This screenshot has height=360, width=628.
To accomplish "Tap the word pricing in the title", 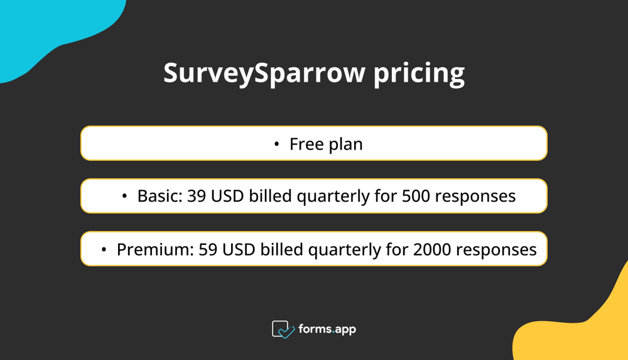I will [x=419, y=74].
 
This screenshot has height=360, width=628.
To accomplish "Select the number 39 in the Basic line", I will [x=197, y=196].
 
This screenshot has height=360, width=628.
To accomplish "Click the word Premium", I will [x=153, y=249].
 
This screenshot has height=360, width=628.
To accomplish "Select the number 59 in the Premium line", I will [x=208, y=249].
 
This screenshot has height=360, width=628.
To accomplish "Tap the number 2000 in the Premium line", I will [x=432, y=249].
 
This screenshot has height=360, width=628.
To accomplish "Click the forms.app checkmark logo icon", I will [x=283, y=329].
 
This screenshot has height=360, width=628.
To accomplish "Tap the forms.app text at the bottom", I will [x=327, y=329].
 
